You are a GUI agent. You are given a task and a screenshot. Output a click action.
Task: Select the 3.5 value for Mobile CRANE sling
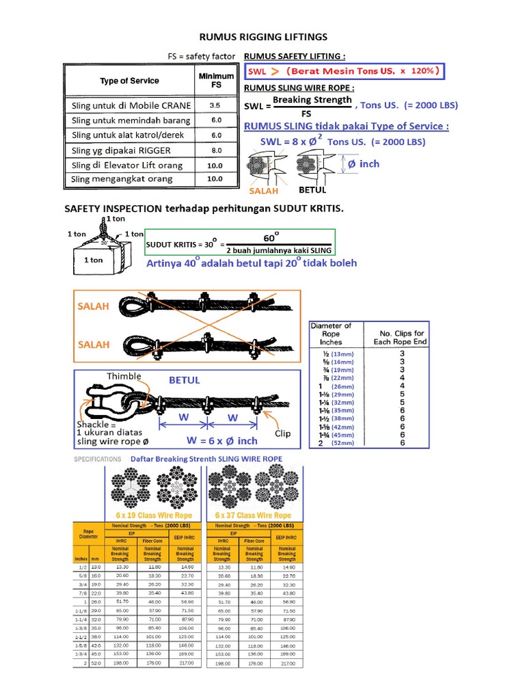215,106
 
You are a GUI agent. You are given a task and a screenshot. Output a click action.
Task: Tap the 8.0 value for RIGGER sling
215,150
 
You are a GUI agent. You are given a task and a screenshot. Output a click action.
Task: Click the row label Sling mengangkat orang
122,179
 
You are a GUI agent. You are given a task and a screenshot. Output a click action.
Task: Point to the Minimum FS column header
215,81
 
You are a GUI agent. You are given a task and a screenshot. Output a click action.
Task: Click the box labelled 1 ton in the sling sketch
94,260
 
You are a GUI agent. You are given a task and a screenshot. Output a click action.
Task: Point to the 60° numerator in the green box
271,237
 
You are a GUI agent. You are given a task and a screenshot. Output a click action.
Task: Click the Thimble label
124,376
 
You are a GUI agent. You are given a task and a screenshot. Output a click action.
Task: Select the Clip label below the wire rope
282,433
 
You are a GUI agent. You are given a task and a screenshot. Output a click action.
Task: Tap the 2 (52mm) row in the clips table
336,442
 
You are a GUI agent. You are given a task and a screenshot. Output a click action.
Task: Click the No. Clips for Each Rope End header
402,337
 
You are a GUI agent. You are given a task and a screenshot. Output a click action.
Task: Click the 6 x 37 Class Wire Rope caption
253,515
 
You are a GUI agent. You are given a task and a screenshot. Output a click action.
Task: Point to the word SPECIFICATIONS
98,459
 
